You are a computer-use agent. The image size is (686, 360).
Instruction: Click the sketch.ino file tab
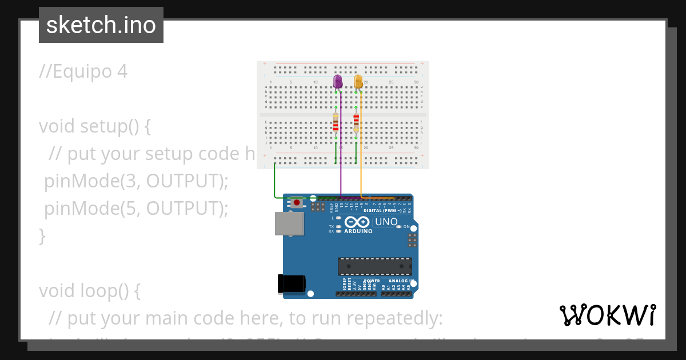point(101,25)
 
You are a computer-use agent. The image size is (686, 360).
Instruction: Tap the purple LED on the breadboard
point(338,82)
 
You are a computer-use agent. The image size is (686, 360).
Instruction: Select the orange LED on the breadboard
point(358,82)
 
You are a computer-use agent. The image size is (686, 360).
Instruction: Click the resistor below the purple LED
point(336,124)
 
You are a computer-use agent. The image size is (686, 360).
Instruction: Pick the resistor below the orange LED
point(356,122)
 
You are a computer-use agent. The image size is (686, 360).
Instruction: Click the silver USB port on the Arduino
point(290,224)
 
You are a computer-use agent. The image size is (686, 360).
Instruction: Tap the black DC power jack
point(292,284)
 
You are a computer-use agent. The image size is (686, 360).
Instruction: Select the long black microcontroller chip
point(374,266)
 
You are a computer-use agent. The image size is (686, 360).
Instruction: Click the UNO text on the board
point(386,222)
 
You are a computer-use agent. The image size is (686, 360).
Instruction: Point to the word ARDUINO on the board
point(358,231)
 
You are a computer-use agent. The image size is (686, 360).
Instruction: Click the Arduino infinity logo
point(357,222)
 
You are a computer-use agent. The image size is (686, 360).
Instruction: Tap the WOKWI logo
point(607,315)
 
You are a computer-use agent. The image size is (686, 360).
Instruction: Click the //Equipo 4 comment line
point(83,71)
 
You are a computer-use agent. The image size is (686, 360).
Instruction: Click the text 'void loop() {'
point(90,291)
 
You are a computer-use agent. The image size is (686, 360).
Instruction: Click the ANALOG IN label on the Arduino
point(398,281)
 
